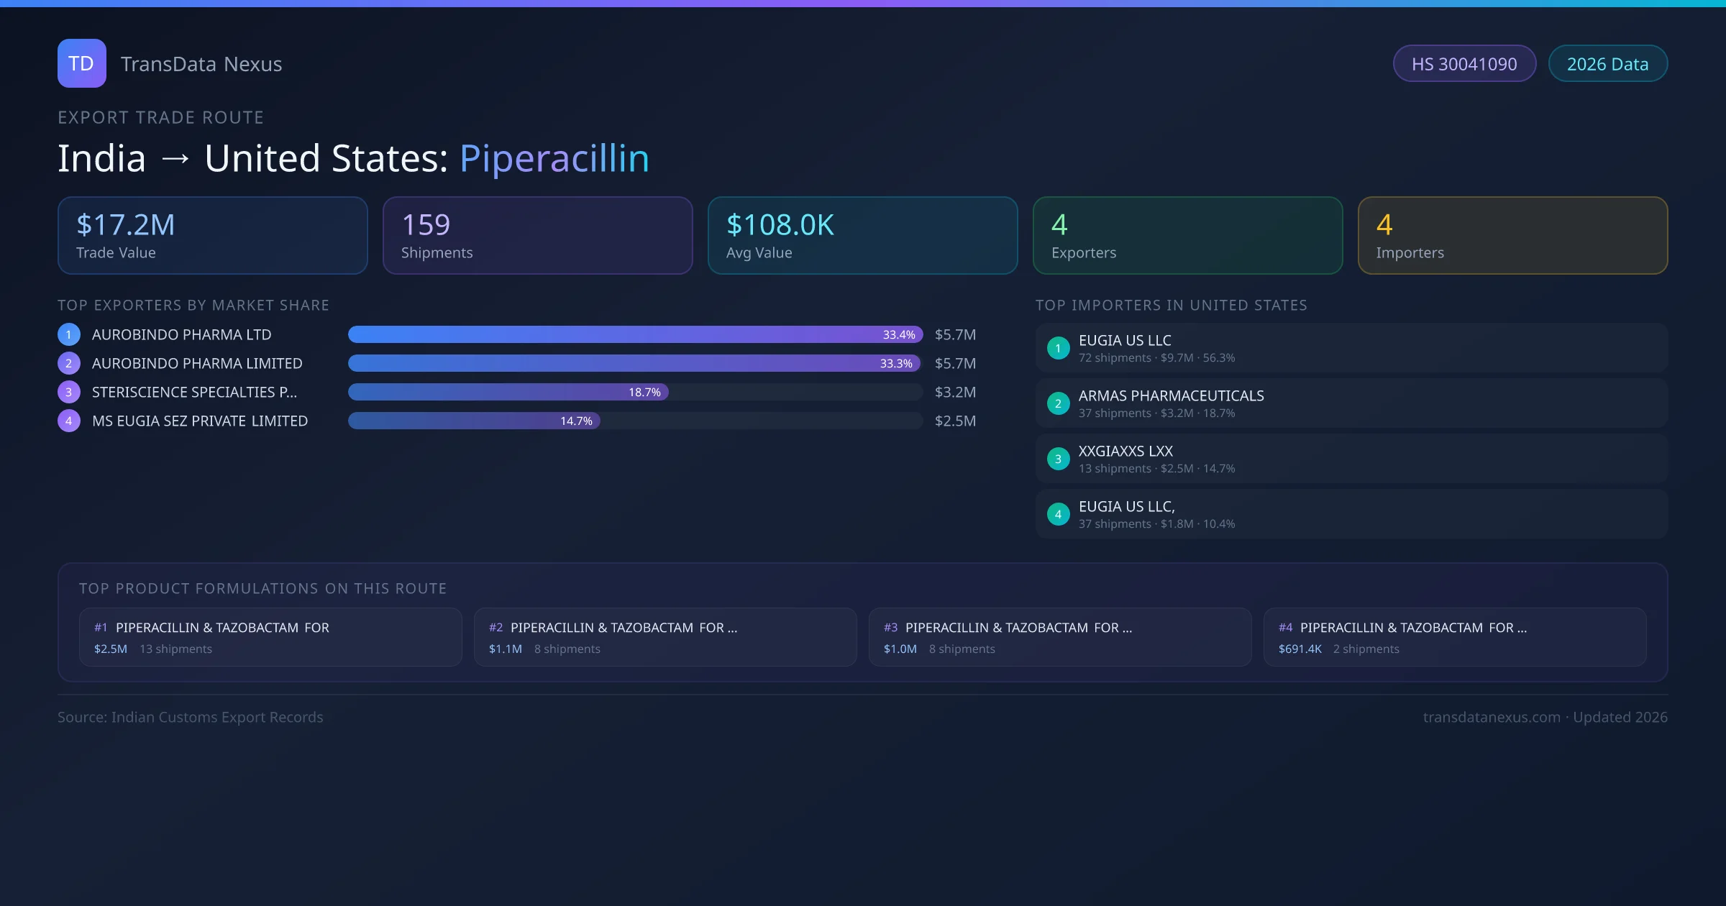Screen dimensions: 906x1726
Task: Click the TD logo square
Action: (82, 63)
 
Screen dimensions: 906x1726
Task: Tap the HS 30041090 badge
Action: (1464, 64)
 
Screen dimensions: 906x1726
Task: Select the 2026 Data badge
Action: (1607, 64)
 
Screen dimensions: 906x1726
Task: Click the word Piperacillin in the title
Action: (554, 158)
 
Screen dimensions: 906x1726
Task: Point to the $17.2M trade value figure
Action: (126, 225)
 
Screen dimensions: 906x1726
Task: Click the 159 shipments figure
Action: (426, 225)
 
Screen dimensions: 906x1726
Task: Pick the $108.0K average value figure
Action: (780, 225)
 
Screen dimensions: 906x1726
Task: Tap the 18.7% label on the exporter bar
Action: (644, 393)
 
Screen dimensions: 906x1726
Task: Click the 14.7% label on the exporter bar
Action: (576, 421)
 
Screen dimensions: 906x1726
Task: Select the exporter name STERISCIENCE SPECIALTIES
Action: (194, 393)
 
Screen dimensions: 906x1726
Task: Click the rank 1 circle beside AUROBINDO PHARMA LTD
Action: (69, 334)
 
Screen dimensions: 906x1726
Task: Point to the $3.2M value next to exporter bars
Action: (955, 393)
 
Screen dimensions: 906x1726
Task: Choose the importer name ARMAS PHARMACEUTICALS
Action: (1171, 396)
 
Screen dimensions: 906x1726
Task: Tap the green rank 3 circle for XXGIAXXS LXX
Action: (1058, 459)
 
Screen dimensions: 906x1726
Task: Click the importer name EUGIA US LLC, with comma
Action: (1126, 507)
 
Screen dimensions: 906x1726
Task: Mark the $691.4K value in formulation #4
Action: (1300, 649)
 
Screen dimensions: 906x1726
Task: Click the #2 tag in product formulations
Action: (496, 628)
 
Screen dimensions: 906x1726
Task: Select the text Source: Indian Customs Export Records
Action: (191, 718)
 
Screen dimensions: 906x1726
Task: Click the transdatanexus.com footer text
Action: (1492, 718)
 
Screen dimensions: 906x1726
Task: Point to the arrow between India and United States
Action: (175, 159)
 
